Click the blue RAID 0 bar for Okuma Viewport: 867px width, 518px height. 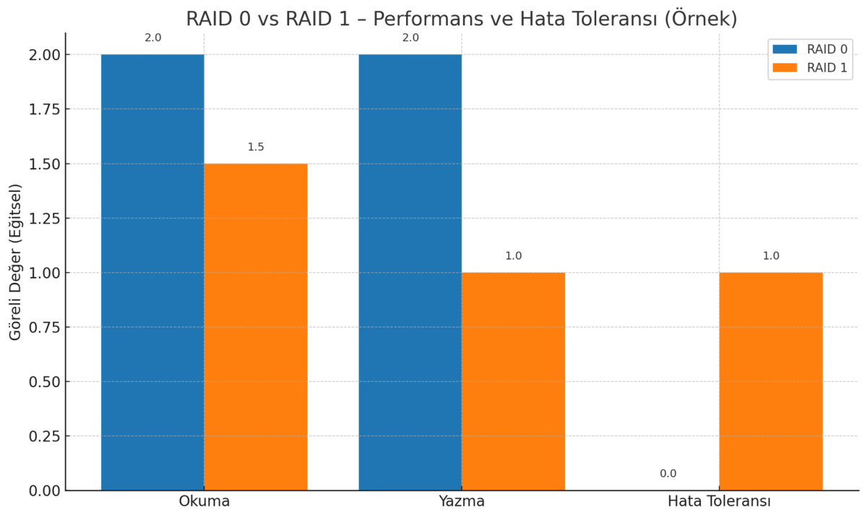click(152, 272)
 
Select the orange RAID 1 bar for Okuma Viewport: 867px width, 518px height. click(256, 327)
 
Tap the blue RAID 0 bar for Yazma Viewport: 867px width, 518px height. click(410, 272)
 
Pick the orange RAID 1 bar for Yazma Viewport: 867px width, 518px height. click(513, 381)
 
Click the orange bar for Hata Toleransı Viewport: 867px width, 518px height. click(771, 381)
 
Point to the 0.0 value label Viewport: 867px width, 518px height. click(668, 473)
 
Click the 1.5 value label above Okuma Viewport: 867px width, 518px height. click(256, 147)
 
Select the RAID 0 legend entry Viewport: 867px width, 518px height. click(810, 49)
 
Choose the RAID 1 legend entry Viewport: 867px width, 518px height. click(810, 68)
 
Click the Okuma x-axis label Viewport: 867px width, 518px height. click(204, 501)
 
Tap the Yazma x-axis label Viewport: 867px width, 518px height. click(462, 501)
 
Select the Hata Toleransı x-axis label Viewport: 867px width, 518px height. click(720, 501)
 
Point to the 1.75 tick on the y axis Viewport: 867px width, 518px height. click(45, 110)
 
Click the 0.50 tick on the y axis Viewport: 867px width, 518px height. click(45, 382)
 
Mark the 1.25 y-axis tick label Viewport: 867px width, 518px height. click(45, 218)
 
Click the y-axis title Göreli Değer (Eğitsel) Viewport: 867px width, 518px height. click(15, 263)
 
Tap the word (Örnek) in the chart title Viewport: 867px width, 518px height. click(701, 19)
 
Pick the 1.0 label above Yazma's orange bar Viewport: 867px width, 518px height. click(513, 255)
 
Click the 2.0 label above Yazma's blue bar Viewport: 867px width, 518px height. click(410, 38)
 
